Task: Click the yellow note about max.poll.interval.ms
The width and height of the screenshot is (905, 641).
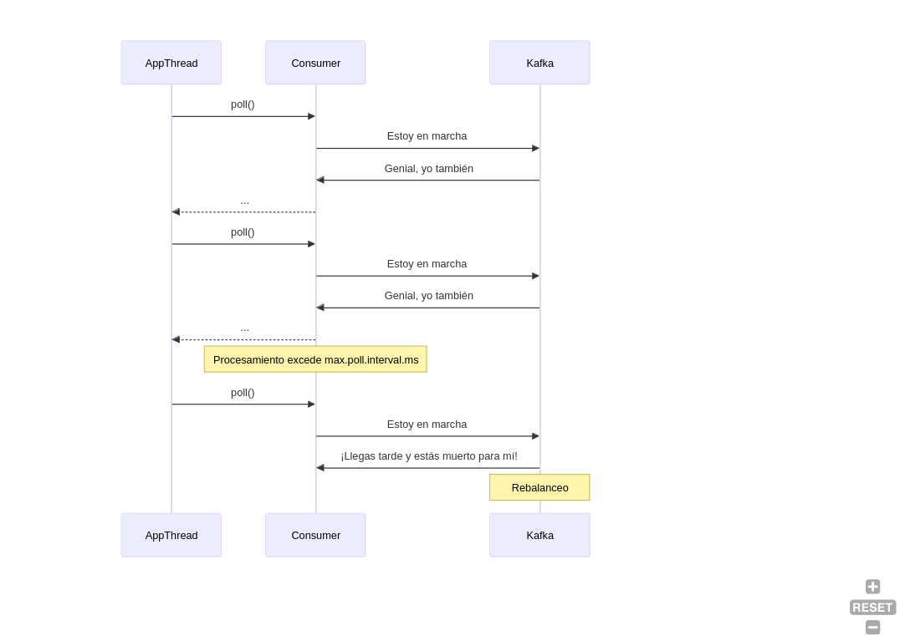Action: [x=315, y=359]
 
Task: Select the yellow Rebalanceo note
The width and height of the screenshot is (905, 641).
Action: [x=539, y=487]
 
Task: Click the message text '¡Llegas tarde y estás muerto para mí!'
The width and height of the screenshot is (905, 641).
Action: [x=428, y=455]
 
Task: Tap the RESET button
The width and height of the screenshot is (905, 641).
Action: [x=872, y=608]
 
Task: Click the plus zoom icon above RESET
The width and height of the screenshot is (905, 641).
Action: [x=872, y=587]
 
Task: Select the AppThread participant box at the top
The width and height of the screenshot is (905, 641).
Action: [x=171, y=63]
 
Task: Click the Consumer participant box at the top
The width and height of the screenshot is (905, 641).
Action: [x=315, y=63]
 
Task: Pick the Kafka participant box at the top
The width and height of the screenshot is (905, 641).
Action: [x=539, y=63]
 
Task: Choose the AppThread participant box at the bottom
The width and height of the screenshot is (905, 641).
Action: [x=171, y=535]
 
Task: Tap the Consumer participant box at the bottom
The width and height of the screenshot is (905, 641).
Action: [x=315, y=535]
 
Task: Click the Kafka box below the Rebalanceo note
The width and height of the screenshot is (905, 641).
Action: [x=539, y=535]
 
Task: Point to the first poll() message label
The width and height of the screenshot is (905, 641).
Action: [x=243, y=104]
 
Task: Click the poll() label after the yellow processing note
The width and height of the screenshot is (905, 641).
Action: [x=243, y=392]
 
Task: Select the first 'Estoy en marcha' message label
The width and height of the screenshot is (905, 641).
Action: [x=427, y=136]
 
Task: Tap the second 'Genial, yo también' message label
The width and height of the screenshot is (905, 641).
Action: [x=428, y=296]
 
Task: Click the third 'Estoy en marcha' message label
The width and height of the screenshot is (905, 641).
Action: [x=427, y=424]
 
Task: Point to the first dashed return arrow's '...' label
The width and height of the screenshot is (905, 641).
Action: [x=244, y=201]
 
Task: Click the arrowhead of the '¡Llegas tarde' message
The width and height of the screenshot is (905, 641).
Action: [x=320, y=468]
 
